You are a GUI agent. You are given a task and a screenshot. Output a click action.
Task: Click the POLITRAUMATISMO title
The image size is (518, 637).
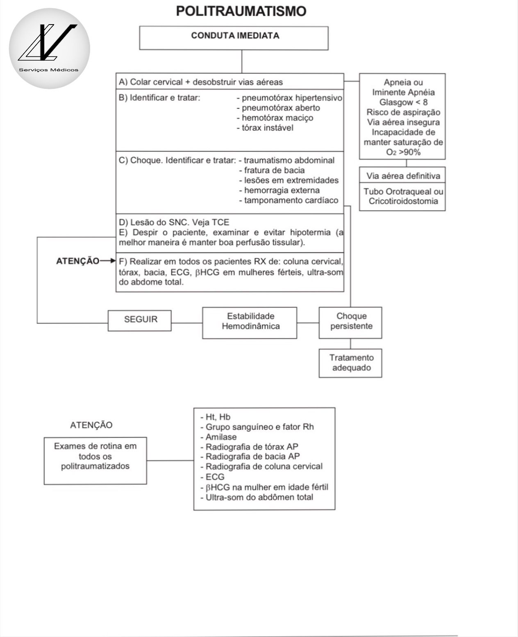(x=241, y=11)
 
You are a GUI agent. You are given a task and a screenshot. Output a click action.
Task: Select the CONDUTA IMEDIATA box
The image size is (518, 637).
(x=234, y=38)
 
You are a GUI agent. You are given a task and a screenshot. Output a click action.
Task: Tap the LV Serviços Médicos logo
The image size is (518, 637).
(x=49, y=48)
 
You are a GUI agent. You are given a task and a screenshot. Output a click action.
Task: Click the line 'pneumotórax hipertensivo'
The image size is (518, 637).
(x=290, y=98)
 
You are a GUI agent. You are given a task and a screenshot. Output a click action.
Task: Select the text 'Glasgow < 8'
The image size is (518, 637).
(x=403, y=102)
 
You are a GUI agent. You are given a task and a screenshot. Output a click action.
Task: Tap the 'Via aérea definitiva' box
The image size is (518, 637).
(x=403, y=176)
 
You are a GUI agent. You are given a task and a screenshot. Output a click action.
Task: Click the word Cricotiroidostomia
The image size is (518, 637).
(x=403, y=201)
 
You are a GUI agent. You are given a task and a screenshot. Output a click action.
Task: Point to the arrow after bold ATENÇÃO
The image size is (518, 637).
(x=108, y=261)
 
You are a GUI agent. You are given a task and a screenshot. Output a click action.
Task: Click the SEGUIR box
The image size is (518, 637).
(x=140, y=320)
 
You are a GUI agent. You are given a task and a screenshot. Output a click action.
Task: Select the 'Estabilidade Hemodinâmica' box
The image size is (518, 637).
(x=250, y=322)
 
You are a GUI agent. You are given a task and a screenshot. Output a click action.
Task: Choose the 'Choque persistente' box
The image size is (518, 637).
(x=351, y=322)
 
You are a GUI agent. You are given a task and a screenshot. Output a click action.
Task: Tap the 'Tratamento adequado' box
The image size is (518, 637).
(x=351, y=363)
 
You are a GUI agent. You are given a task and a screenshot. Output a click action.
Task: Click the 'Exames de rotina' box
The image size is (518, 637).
(x=95, y=461)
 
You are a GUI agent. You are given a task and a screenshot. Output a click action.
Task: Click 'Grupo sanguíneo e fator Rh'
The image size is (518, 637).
(x=259, y=427)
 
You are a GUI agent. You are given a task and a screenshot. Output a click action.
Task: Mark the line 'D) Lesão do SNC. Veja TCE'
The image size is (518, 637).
(x=174, y=222)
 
